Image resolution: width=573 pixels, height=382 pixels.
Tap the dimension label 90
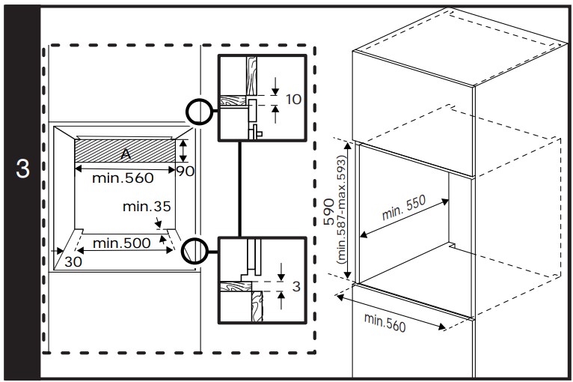tap(185, 172)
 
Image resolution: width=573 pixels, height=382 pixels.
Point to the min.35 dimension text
tap(144, 206)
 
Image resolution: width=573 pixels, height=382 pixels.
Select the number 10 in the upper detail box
tap(294, 99)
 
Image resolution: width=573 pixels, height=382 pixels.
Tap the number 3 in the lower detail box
tap(296, 285)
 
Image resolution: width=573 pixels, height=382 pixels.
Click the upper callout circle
tap(200, 112)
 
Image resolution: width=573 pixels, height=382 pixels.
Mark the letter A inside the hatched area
tap(126, 152)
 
